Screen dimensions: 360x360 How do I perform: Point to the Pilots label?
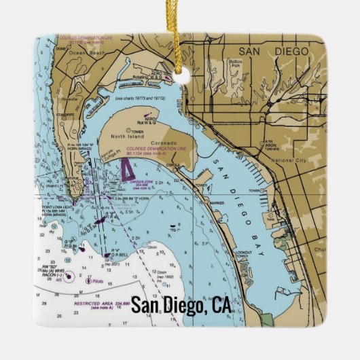[96, 279]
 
